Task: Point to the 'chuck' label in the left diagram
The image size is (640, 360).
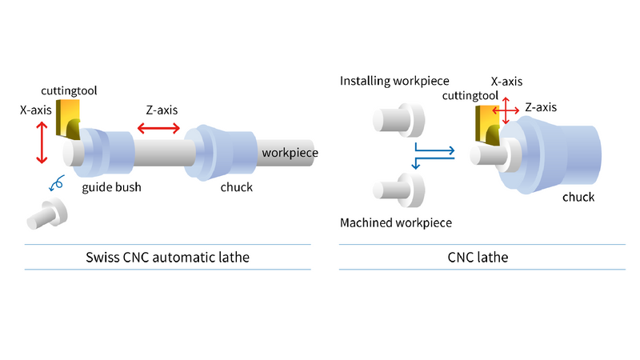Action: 236,187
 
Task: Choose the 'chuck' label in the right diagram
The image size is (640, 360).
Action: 578,197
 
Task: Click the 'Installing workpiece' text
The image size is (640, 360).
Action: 394,82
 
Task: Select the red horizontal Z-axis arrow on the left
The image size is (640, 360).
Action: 162,128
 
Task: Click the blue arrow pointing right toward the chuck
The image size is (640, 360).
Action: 435,150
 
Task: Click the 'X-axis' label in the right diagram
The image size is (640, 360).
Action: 506,82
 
